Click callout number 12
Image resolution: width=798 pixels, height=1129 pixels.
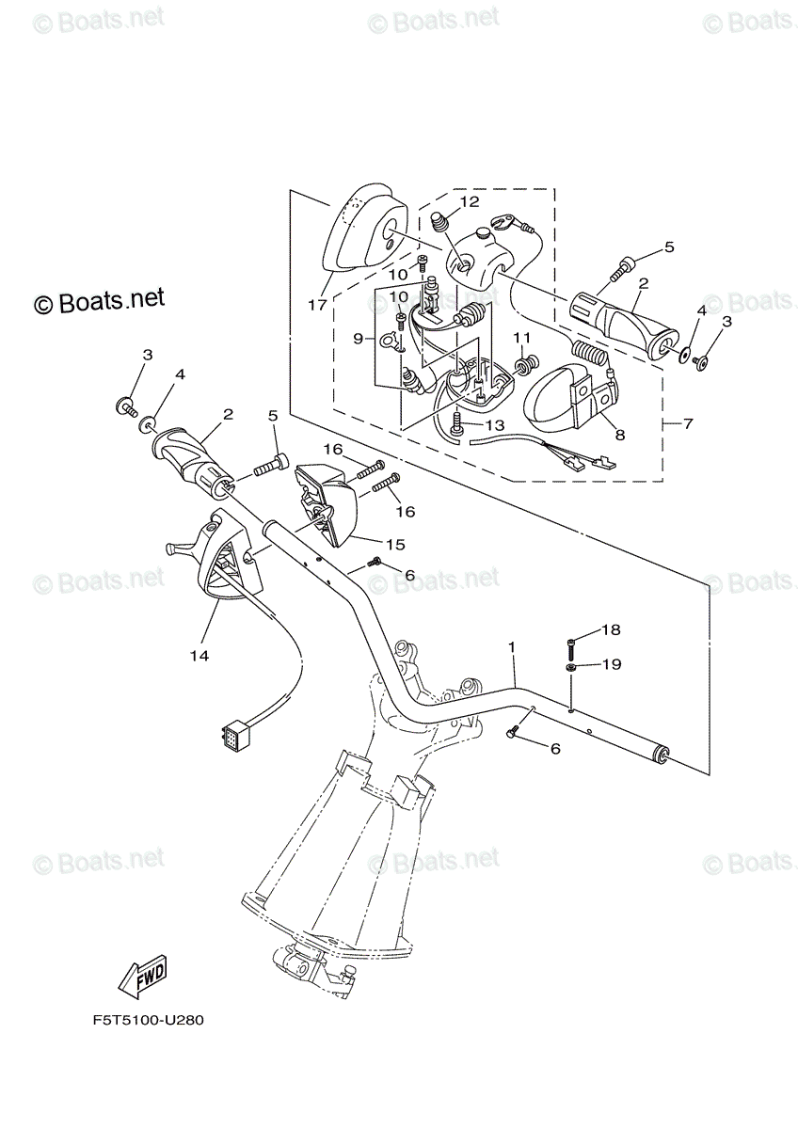pyautogui.click(x=469, y=201)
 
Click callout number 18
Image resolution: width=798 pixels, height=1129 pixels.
pyautogui.click(x=611, y=629)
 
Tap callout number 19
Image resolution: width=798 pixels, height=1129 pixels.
pyautogui.click(x=611, y=664)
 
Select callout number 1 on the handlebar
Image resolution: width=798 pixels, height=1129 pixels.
pyautogui.click(x=512, y=647)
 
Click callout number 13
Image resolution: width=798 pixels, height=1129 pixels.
pyautogui.click(x=496, y=425)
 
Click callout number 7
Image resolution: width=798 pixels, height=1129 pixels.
pyautogui.click(x=688, y=424)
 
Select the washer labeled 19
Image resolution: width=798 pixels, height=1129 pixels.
pyautogui.click(x=572, y=667)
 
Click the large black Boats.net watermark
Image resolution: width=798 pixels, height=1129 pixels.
pyautogui.click(x=100, y=300)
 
